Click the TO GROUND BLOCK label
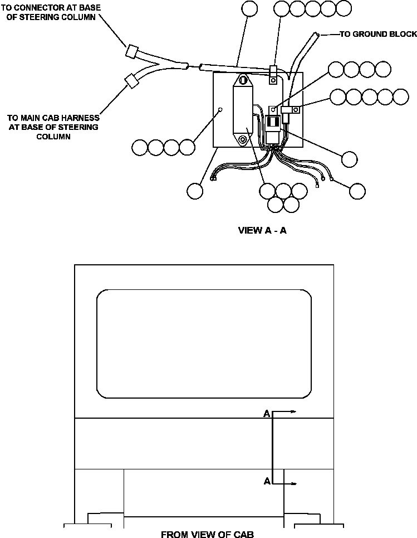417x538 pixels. (x=377, y=35)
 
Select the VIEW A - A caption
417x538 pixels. (x=262, y=230)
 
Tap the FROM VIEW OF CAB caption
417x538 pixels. (x=207, y=534)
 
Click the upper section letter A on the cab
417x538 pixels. (x=267, y=414)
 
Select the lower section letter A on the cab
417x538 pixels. (x=267, y=481)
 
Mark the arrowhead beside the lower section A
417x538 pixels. (x=295, y=483)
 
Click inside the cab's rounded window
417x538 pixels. (x=204, y=343)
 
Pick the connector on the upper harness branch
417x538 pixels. (x=132, y=51)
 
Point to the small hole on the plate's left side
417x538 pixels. (x=221, y=109)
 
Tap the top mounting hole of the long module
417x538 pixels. (x=243, y=80)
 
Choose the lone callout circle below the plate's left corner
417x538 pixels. (x=195, y=191)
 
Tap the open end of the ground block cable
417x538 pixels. (x=317, y=34)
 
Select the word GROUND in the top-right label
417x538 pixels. (x=370, y=35)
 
